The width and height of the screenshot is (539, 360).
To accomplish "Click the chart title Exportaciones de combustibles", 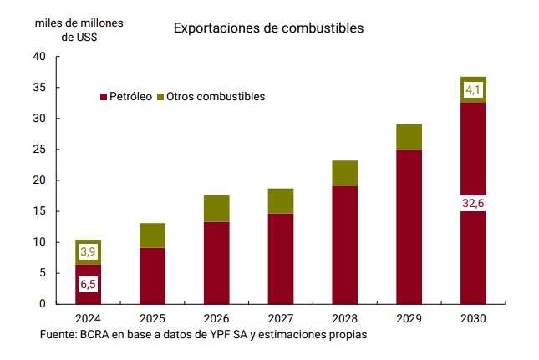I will pyautogui.click(x=268, y=28).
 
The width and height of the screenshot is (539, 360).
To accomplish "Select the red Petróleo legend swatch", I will pyautogui.click(x=104, y=97).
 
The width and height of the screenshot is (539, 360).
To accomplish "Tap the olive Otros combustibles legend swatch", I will pyautogui.click(x=160, y=97).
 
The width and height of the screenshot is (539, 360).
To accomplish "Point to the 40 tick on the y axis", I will pyautogui.click(x=38, y=57).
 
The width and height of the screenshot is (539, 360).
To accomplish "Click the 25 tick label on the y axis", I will pyautogui.click(x=38, y=150).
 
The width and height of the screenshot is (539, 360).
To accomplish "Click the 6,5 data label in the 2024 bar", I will pyautogui.click(x=88, y=285).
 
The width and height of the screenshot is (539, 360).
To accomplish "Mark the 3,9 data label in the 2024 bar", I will pyautogui.click(x=88, y=251).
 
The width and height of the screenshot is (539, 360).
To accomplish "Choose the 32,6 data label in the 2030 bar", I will pyautogui.click(x=472, y=204).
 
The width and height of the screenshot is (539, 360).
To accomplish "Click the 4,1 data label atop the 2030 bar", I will pyautogui.click(x=472, y=89).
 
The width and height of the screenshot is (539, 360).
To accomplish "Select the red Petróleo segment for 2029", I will pyautogui.click(x=409, y=226).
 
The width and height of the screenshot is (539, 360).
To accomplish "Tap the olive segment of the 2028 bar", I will pyautogui.click(x=344, y=173).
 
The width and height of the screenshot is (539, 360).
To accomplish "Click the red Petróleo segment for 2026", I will pyautogui.click(x=216, y=262).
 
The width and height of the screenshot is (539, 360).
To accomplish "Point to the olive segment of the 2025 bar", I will pyautogui.click(x=152, y=236).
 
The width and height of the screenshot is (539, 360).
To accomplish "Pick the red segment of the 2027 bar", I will pyautogui.click(x=280, y=258).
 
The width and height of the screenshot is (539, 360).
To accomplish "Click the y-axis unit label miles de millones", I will pyautogui.click(x=79, y=23).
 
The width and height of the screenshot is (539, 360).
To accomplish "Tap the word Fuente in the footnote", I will pyautogui.click(x=59, y=335).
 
